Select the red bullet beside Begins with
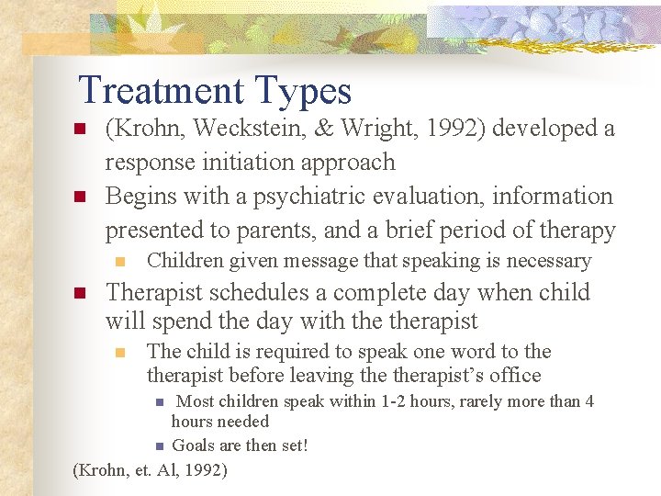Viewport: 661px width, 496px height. click(x=79, y=197)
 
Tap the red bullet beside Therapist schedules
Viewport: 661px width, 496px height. click(x=79, y=294)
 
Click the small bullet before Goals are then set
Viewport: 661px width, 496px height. click(x=159, y=446)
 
